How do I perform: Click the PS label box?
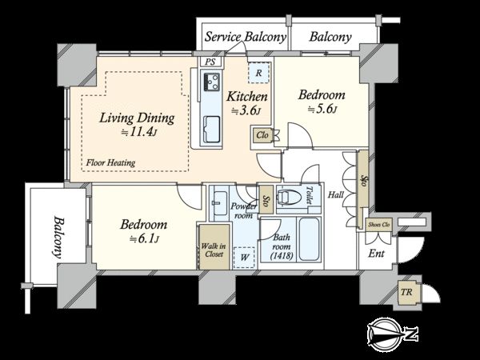click(210, 62)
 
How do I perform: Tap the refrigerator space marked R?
click(258, 73)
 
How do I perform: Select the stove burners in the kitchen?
click(211, 81)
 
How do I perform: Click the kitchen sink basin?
click(211, 129)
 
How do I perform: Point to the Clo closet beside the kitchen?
click(262, 135)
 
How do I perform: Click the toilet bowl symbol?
click(289, 196)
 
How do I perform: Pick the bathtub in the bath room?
click(309, 238)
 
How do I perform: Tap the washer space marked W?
click(244, 257)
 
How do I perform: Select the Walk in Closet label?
click(214, 250)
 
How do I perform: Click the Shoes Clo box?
click(379, 225)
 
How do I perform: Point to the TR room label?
click(406, 292)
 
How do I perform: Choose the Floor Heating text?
click(110, 162)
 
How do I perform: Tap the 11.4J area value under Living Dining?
click(139, 132)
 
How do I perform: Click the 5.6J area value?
click(322, 109)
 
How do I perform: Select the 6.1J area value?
click(144, 238)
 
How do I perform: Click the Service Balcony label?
click(246, 37)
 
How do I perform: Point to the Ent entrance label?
click(376, 253)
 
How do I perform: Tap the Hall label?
click(336, 194)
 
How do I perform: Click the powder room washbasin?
click(219, 202)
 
